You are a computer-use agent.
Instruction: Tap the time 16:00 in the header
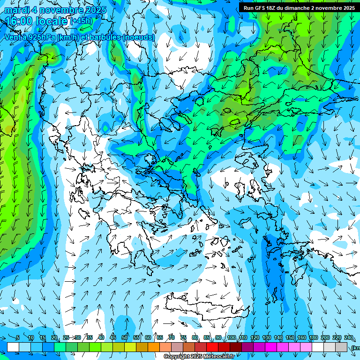tap(21, 21)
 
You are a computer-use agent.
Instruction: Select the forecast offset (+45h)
tap(81, 21)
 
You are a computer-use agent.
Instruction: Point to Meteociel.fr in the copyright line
tap(219, 357)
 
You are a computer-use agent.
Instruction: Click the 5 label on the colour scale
tap(18, 338)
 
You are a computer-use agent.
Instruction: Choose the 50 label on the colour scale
tap(125, 338)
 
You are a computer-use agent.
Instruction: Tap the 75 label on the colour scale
tap(183, 338)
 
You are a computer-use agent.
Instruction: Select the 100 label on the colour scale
tap(232, 338)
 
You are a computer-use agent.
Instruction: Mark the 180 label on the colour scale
tap(313, 338)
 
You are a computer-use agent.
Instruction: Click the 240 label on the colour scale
tap(348, 338)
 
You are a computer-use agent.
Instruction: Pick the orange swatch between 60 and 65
tap(154, 347)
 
